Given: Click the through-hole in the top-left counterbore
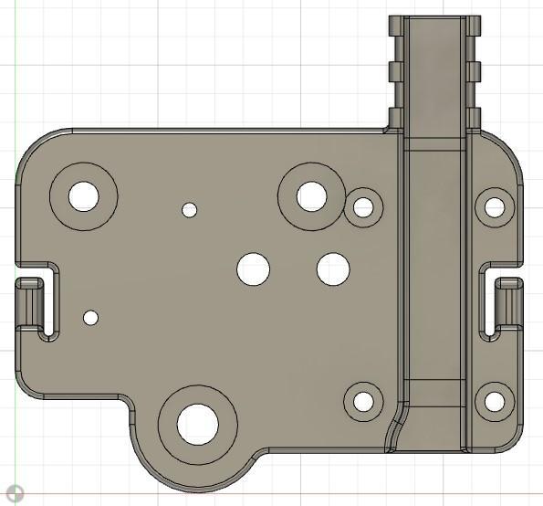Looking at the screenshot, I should (83, 195).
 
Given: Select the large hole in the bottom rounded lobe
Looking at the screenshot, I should (198, 424).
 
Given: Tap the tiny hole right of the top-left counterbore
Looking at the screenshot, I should (189, 210).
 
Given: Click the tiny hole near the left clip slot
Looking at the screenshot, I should (90, 318).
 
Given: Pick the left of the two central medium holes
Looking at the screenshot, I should (253, 269).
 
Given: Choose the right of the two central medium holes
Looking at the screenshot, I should (333, 269).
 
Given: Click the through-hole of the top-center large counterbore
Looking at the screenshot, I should (311, 195).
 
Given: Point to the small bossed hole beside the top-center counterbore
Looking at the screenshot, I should (363, 207).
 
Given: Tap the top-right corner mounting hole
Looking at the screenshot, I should (494, 207).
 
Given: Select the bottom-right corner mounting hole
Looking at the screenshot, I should (494, 401).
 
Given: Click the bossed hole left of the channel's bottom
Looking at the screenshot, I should (362, 401).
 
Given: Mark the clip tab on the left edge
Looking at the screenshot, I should (33, 304).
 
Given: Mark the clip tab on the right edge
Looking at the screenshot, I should (509, 304).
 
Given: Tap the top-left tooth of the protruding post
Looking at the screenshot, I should (395, 26).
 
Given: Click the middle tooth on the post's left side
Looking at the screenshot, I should (395, 71).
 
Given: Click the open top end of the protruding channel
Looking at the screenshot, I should (434, 19).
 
